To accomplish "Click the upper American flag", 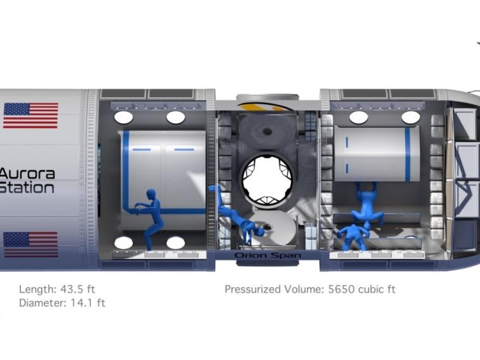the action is (30, 116).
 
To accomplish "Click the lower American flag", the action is (30, 244).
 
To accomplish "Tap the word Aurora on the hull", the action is (27, 174).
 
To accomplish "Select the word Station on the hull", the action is (27, 188).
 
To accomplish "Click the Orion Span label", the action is (268, 255).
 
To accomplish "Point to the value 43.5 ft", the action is (78, 289).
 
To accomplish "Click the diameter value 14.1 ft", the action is (88, 303).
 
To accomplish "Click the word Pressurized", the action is (253, 289).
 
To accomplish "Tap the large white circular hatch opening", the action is (267, 180).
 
